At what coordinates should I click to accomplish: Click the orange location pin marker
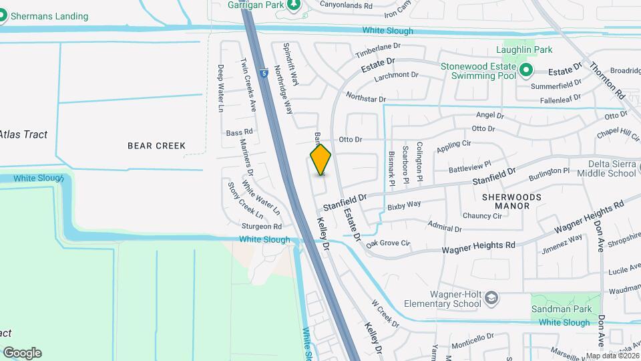(x=321, y=160)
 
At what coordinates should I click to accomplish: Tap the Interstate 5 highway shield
(x=264, y=73)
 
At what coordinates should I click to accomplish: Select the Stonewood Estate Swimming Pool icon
(x=525, y=70)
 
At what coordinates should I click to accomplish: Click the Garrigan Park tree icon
(x=292, y=5)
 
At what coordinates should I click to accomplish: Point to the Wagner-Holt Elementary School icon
(x=491, y=297)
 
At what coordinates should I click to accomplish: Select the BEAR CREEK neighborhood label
(x=156, y=145)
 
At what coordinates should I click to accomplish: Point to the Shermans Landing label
(x=49, y=16)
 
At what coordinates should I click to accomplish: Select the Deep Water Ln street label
(x=220, y=88)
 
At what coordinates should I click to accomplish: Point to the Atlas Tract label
(x=24, y=134)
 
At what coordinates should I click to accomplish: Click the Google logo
(x=22, y=352)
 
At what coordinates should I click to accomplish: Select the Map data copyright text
(x=612, y=356)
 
